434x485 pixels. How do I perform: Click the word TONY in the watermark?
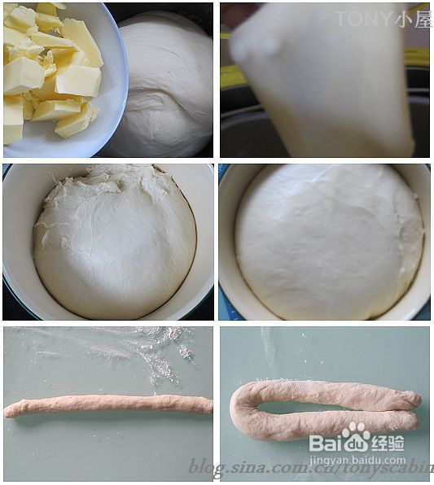[x=362, y=19]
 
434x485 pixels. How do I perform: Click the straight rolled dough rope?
[x=106, y=404]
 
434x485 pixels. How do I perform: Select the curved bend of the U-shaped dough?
[x=240, y=411]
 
